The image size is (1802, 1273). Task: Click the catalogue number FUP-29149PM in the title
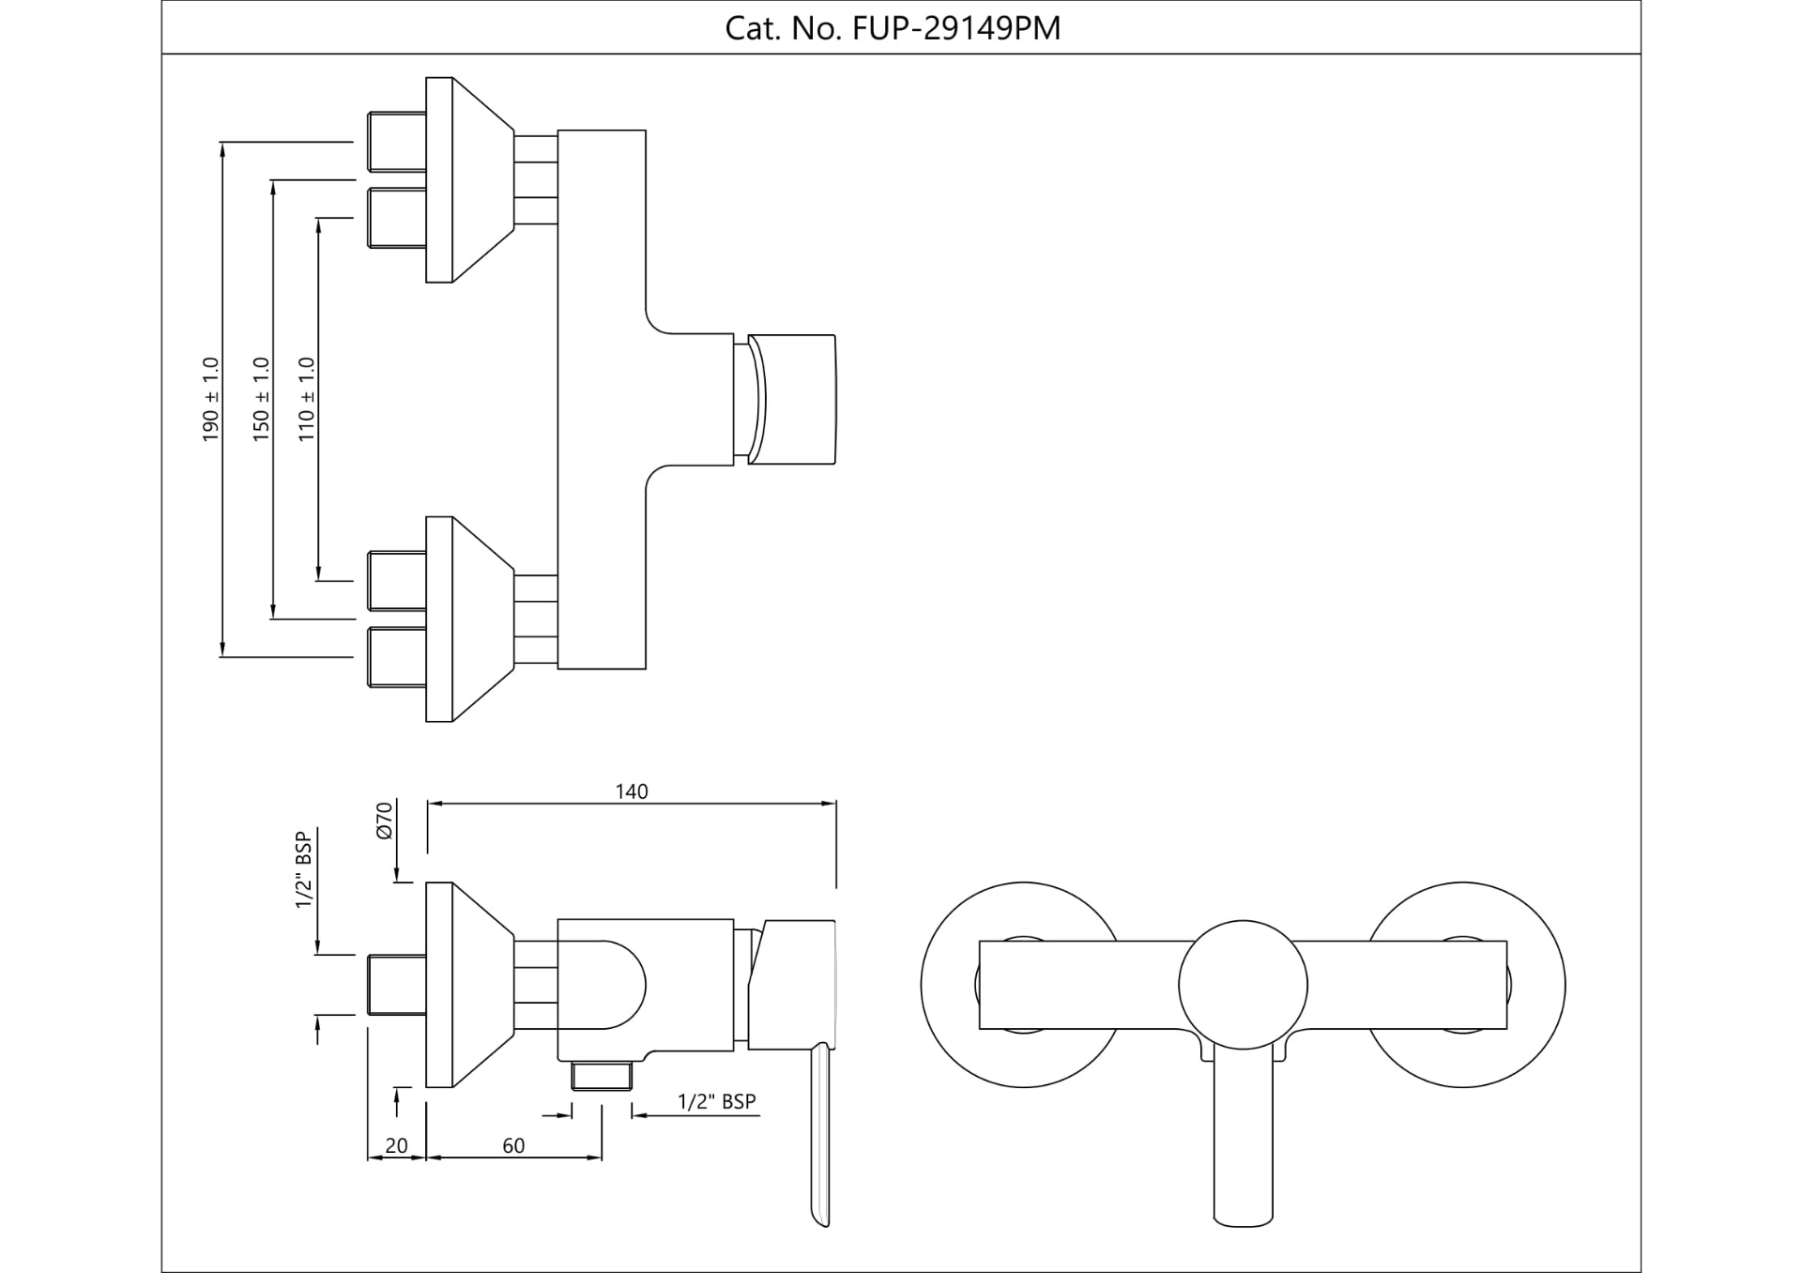955,28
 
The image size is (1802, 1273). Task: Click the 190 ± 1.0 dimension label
210,399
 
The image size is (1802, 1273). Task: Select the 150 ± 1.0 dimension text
261,399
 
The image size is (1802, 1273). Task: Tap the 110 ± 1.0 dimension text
307,399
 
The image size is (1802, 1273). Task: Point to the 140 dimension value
632,791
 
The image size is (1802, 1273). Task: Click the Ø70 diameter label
384,821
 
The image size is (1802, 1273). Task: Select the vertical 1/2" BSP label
303,869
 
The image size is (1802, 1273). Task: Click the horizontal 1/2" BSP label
717,1101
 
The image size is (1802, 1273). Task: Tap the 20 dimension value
396,1145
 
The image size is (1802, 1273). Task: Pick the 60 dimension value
513,1145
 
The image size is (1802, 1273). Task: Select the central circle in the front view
1243,985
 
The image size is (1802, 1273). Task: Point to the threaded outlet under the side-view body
602,1075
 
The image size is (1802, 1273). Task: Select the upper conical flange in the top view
469,179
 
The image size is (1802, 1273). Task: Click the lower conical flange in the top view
469,619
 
